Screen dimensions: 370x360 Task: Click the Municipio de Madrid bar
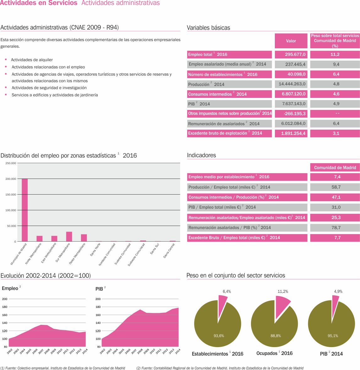click(25, 210)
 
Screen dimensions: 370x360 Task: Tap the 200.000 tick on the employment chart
click(11, 179)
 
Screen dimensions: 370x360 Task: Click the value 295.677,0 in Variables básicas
click(291, 54)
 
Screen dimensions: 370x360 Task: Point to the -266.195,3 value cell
click(291, 114)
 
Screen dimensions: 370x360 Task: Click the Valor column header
click(291, 41)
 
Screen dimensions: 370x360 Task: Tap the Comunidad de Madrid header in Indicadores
click(335, 168)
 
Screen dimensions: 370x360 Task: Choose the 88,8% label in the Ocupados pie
click(275, 336)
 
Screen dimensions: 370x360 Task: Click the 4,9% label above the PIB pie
click(338, 292)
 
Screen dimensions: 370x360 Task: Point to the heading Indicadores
click(201, 155)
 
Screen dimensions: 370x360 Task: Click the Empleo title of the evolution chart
click(10, 288)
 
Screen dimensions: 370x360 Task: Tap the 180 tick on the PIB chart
click(98, 307)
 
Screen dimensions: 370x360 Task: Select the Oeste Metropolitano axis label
click(77, 253)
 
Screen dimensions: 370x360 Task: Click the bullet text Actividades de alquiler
click(32, 60)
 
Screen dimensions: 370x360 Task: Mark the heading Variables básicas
click(208, 28)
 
